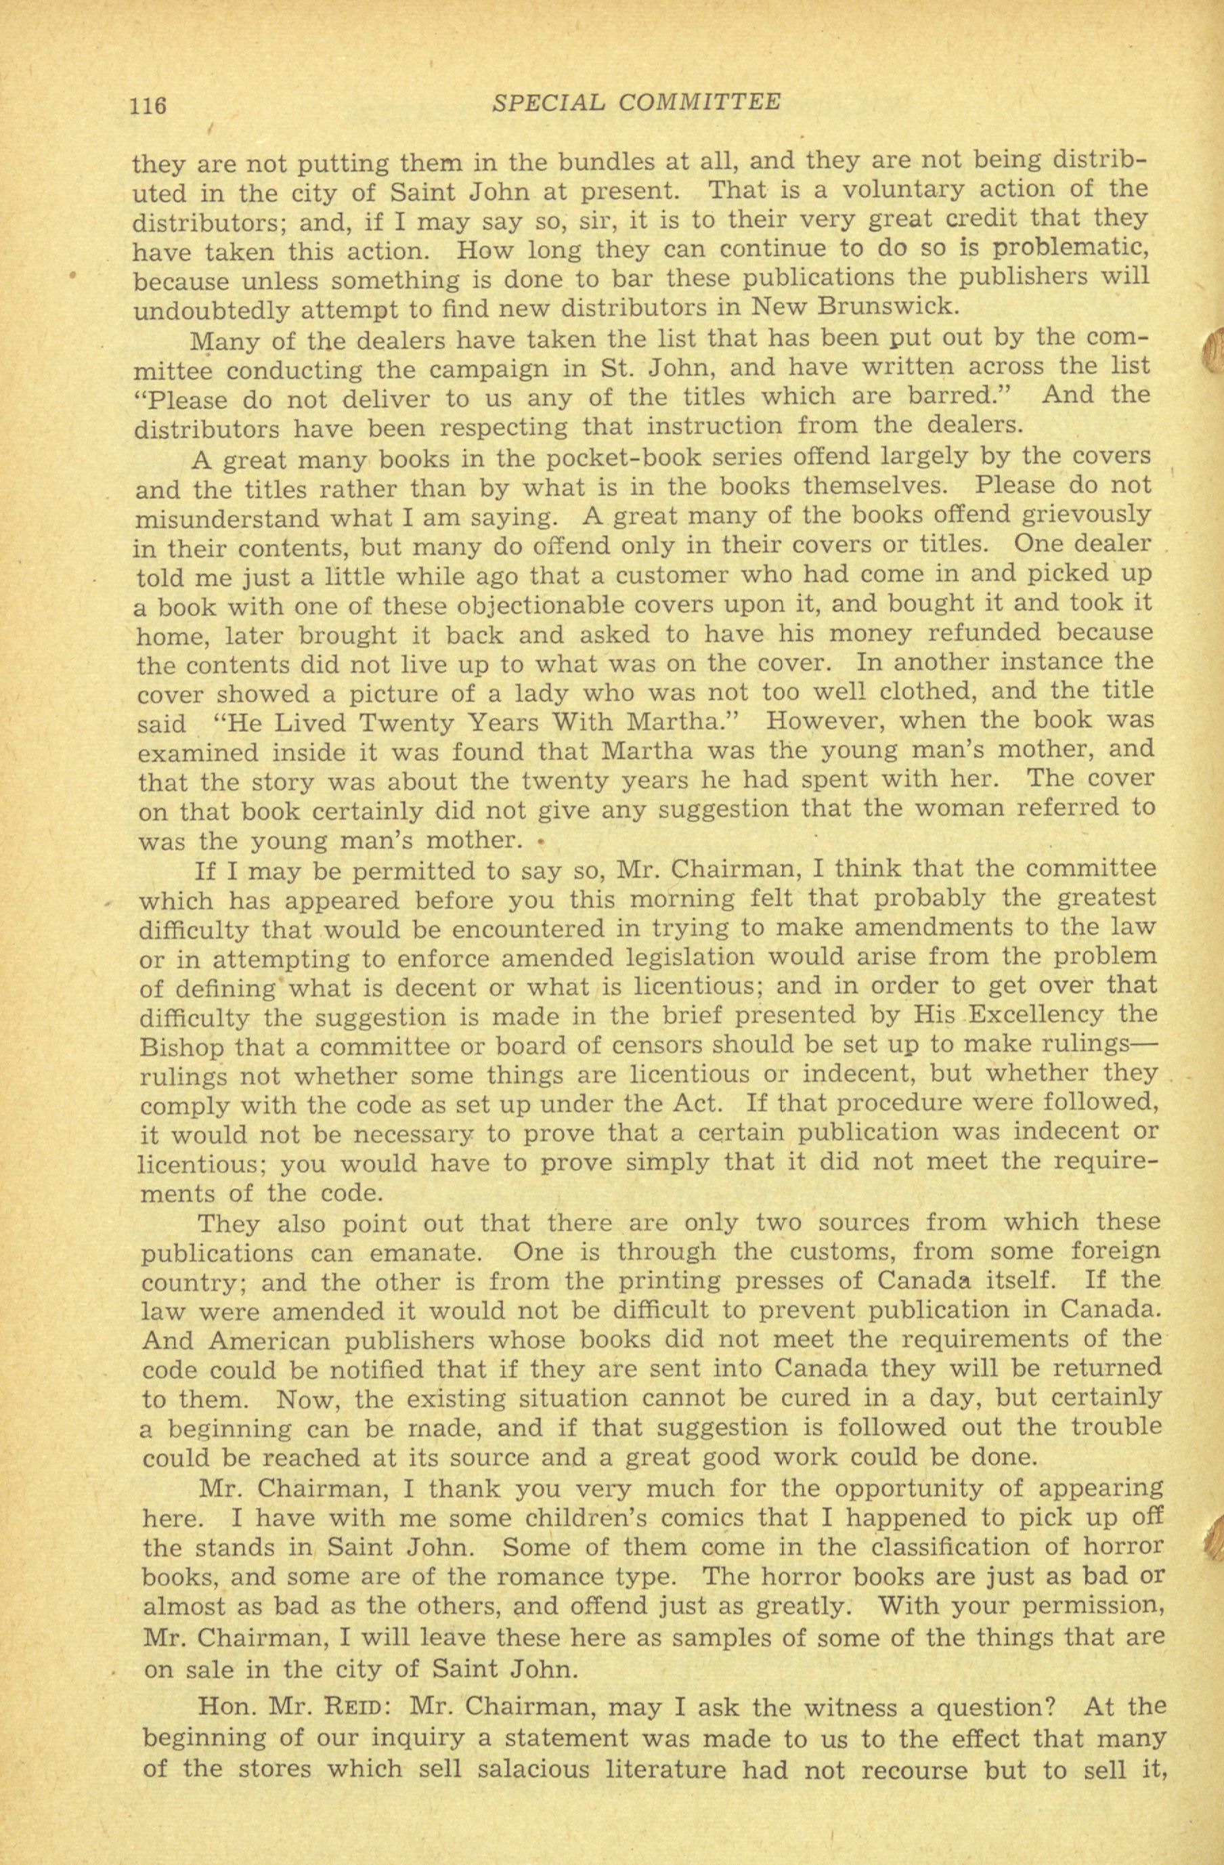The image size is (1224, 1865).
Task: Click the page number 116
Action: point(148,104)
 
